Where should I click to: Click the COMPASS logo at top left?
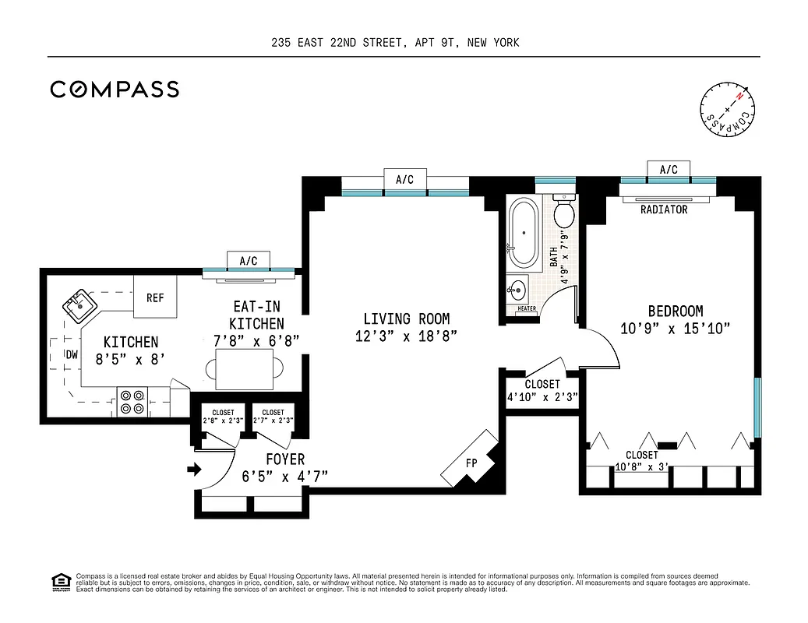pos(115,90)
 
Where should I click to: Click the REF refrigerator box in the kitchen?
pos(154,297)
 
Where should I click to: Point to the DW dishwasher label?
pos(71,355)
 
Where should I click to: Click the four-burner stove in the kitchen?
pos(132,401)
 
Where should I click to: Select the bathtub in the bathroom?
pos(522,231)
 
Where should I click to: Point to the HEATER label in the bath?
pos(527,309)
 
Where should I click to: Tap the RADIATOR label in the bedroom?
pos(664,210)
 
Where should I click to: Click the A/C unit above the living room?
pos(404,180)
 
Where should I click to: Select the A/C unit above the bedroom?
pos(668,170)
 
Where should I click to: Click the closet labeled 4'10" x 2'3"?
pos(542,390)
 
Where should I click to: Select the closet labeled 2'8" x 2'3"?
pos(222,417)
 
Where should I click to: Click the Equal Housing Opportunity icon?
pos(59,581)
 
